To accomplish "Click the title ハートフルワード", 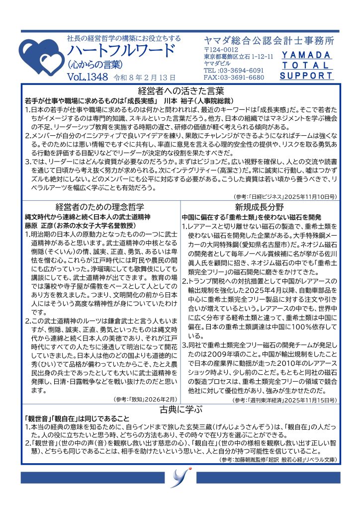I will pos(121,51).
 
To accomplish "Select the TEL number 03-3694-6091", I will pos(240,71).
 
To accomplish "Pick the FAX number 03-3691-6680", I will pos(240,78).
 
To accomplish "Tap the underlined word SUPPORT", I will pos(306,76).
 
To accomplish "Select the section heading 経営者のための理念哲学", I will pos(100,207).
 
